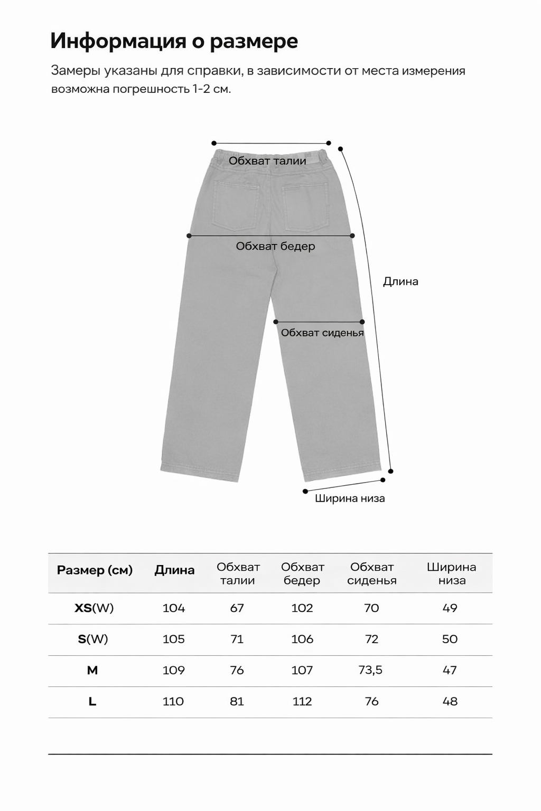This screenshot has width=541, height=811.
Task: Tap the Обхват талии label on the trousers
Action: pyautogui.click(x=267, y=161)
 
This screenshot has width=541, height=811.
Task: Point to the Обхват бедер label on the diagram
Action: pyautogui.click(x=275, y=246)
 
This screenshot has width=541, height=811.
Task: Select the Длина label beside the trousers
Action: pyautogui.click(x=400, y=281)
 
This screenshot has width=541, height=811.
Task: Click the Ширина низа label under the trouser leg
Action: pyautogui.click(x=350, y=498)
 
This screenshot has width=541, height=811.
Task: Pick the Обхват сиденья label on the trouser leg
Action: pyautogui.click(x=322, y=333)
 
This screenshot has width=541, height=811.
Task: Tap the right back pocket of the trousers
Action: pyautogui.click(x=306, y=207)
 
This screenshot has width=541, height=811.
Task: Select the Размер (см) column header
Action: pyautogui.click(x=95, y=570)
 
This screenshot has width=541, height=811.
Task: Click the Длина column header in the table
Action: pyautogui.click(x=174, y=570)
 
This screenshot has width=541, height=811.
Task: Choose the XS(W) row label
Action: pyautogui.click(x=94, y=608)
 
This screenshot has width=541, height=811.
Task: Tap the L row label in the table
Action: pyautogui.click(x=92, y=702)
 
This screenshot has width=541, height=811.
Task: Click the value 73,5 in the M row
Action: pyautogui.click(x=370, y=670)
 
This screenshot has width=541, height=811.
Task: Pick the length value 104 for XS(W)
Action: pyautogui.click(x=174, y=608)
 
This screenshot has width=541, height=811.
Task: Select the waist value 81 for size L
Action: pyautogui.click(x=237, y=702)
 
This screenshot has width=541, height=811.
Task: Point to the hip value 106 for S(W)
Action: pyautogui.click(x=302, y=639)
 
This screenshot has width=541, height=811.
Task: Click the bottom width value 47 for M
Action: pyautogui.click(x=450, y=670)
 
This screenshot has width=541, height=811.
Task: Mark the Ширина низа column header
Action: pyautogui.click(x=451, y=573)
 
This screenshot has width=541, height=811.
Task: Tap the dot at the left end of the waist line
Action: pyautogui.click(x=214, y=143)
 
